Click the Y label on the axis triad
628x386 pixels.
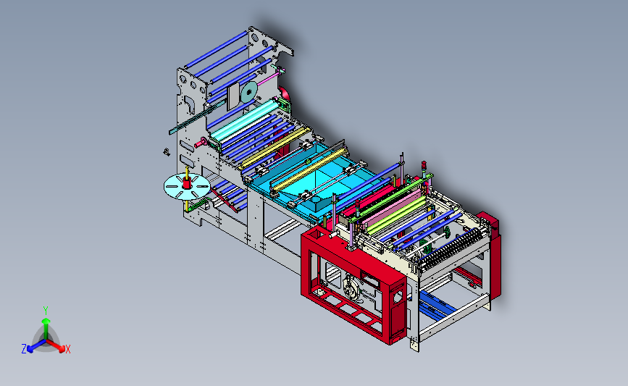pyautogui.click(x=45, y=311)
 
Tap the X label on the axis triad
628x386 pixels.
pyautogui.click(x=67, y=349)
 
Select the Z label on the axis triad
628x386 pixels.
pyautogui.click(x=24, y=349)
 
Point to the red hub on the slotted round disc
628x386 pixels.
pyautogui.click(x=187, y=183)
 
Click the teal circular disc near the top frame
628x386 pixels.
pyautogui.click(x=248, y=93)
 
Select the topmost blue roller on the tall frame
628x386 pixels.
pyautogui.click(x=217, y=49)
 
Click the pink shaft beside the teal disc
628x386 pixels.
pyautogui.click(x=269, y=78)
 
